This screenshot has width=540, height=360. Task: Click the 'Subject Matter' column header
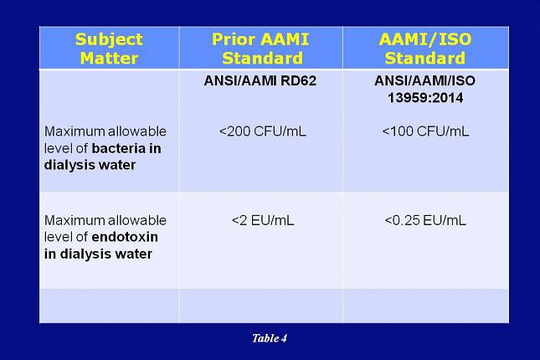click(x=109, y=49)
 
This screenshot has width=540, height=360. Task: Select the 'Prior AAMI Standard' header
click(x=260, y=49)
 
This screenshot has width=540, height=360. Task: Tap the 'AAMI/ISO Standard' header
click(x=425, y=49)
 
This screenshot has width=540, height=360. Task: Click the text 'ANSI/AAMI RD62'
click(x=260, y=80)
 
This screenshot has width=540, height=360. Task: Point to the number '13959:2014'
click(x=425, y=98)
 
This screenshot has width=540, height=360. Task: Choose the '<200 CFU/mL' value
click(x=262, y=131)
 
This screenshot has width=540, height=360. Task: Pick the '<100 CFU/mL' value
click(x=425, y=131)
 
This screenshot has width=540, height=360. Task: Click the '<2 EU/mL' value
click(x=263, y=220)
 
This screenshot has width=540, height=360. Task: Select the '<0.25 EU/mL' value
click(x=425, y=220)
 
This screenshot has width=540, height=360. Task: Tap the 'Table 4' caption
click(x=270, y=338)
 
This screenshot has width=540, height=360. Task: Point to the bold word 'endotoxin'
click(x=125, y=237)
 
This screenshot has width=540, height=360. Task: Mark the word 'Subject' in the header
click(x=109, y=40)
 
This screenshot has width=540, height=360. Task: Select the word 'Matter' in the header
click(x=109, y=58)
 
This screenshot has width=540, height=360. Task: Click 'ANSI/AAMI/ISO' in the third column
click(x=425, y=80)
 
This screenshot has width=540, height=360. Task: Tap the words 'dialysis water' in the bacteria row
click(x=90, y=165)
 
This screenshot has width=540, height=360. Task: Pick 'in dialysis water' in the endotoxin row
click(x=98, y=254)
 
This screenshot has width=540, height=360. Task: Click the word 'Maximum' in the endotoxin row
click(x=74, y=220)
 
